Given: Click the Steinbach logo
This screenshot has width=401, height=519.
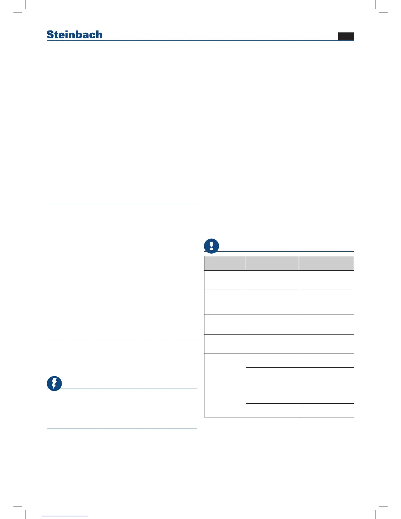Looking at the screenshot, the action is (74, 34).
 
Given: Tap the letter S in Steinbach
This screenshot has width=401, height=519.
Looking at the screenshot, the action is (50, 35).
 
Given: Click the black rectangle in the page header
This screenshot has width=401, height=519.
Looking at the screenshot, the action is (346, 36).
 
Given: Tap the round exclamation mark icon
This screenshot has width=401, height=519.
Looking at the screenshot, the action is (212, 246).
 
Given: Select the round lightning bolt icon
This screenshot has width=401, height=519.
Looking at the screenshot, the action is (54, 383).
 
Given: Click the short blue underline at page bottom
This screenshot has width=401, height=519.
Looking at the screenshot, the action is (65, 516).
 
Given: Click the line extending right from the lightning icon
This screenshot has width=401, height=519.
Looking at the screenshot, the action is (129, 389).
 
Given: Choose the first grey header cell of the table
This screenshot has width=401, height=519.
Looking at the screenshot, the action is (225, 263).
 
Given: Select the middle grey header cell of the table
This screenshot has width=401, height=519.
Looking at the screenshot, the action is (272, 263).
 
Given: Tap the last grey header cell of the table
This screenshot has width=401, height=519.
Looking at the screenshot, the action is (326, 263).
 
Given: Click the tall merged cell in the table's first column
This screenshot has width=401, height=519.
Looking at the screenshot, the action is (225, 385).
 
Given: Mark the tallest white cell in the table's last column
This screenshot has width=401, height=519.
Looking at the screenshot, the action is (326, 385).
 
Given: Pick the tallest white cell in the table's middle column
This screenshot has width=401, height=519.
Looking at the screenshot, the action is (272, 385).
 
